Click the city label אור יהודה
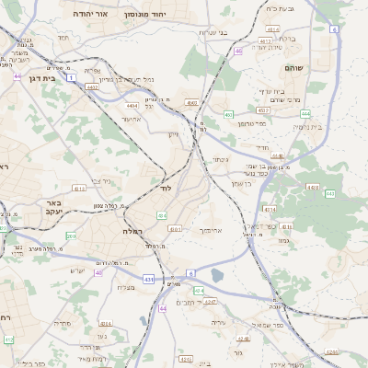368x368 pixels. [89, 16]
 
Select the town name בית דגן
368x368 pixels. [38, 79]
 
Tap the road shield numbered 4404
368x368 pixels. [132, 106]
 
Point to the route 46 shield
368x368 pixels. [237, 52]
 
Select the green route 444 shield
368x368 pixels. [305, 113]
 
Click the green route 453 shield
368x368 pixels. [227, 114]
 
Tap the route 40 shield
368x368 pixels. [98, 273]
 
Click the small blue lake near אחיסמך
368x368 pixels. [217, 274]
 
